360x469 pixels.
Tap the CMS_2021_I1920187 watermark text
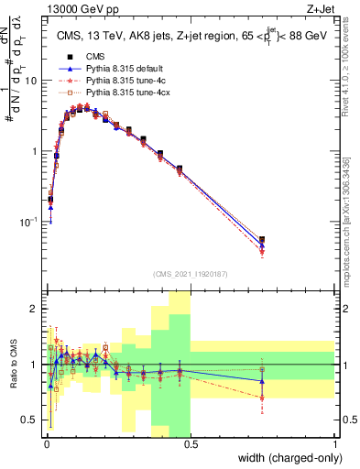click(x=190, y=273)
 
